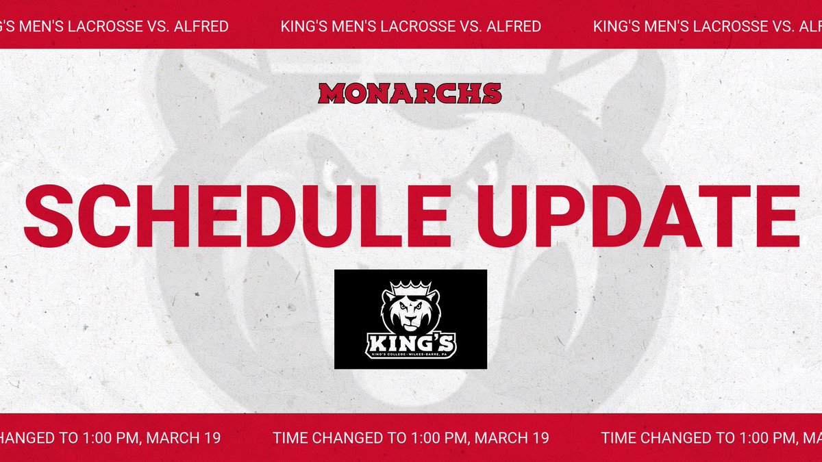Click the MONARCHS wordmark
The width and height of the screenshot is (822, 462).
(x=410, y=93)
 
